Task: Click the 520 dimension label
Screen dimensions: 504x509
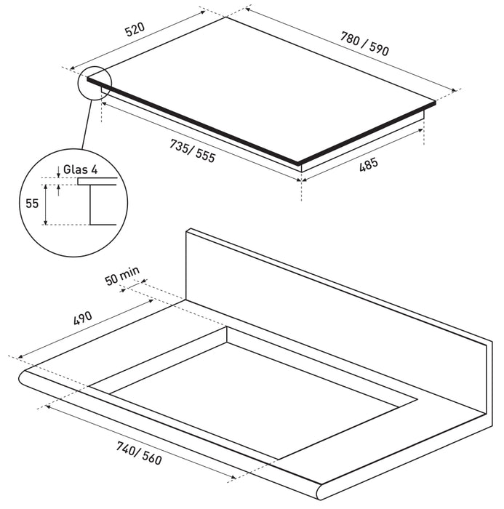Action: [135, 30]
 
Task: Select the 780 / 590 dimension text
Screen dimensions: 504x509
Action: [364, 44]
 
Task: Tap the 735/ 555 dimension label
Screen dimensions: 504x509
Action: [193, 151]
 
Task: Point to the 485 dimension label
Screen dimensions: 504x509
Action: [369, 164]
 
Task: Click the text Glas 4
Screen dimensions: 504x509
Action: [80, 169]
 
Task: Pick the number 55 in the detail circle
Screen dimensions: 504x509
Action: [32, 204]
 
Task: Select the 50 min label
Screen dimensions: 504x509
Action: [122, 276]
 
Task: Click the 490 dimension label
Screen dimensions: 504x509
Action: [83, 318]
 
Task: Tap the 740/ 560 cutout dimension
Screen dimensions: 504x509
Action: [139, 453]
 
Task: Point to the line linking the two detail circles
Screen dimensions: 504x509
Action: [87, 124]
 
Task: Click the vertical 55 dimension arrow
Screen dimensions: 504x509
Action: [46, 204]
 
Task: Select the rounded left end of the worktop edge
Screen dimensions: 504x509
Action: [21, 379]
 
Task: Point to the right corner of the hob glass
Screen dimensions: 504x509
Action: [435, 102]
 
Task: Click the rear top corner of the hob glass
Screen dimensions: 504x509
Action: [226, 17]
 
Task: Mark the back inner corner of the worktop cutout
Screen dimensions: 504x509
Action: [227, 326]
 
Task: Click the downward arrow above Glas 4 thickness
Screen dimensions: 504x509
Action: [58, 172]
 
